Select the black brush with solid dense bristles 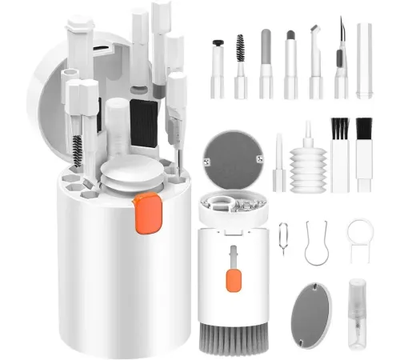pyautogui.click(x=364, y=152)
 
